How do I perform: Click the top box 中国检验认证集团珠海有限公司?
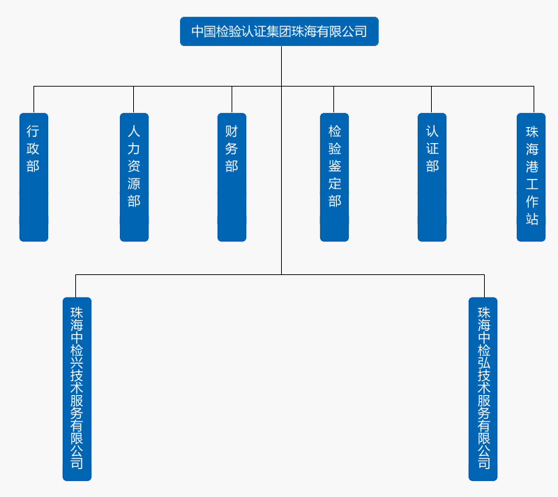(x=279, y=31)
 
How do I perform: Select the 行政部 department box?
(x=33, y=177)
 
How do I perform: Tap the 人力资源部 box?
(x=134, y=177)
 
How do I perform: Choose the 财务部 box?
(x=232, y=177)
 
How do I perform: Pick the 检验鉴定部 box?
(x=334, y=177)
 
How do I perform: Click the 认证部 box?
(x=432, y=177)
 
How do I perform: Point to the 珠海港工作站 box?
(x=531, y=177)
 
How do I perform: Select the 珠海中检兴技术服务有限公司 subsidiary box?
(x=77, y=389)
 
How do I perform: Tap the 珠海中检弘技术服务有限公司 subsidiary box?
(x=483, y=389)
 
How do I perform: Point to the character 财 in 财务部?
(x=232, y=131)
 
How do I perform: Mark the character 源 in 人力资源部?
(x=134, y=184)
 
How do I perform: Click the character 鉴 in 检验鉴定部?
(x=335, y=166)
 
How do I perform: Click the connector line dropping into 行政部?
(x=33, y=99)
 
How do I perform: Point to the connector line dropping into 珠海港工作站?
(x=534, y=99)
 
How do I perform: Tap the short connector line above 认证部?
(x=431, y=99)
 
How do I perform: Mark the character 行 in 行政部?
(x=33, y=131)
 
